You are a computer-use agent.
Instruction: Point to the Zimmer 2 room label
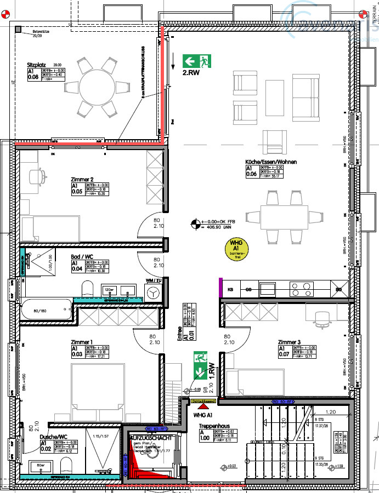tap(82, 179)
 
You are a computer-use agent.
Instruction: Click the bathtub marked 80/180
tap(47, 312)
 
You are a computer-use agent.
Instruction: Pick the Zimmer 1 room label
tap(82, 342)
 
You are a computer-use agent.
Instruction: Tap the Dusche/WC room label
tap(54, 437)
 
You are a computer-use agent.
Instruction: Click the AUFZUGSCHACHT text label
tap(152, 438)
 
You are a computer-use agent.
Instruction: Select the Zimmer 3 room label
tap(290, 342)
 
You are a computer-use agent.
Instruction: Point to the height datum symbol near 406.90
tap(196, 223)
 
